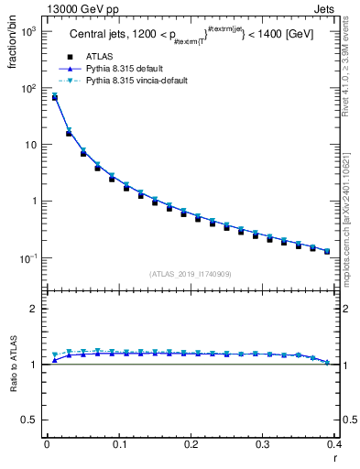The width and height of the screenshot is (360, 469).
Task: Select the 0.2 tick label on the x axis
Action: (191, 444)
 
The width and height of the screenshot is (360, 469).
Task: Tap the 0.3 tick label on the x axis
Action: (263, 444)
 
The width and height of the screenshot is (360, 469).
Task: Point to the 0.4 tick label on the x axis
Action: (335, 444)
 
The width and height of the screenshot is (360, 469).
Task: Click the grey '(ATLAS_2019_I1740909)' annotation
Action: (191, 273)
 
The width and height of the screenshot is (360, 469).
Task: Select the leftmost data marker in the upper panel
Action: (55, 97)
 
